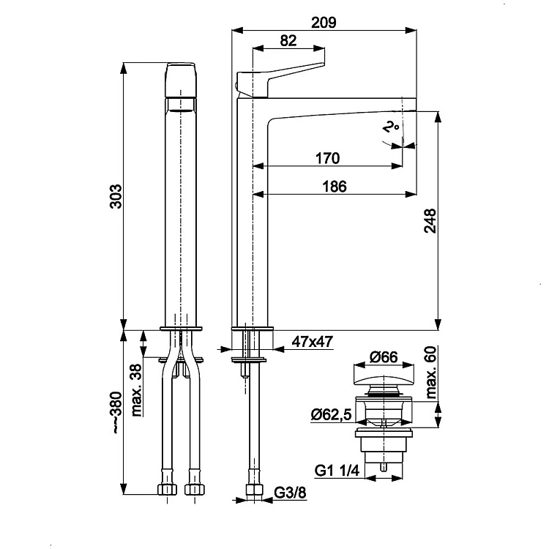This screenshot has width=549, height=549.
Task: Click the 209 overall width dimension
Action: click(323, 21)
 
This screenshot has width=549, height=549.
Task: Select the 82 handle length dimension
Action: click(288, 42)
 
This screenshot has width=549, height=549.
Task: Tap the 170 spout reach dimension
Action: click(326, 157)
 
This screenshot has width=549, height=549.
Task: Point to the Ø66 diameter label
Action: click(383, 357)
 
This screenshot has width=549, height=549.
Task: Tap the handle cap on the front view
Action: click(182, 81)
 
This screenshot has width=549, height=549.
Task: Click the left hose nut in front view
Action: click(166, 488)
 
